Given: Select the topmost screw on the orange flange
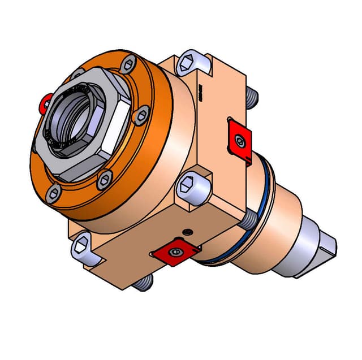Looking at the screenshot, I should tap(128, 63).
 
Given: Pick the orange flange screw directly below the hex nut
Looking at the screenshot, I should tap(105, 180).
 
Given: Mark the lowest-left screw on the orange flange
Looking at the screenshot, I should tap(54, 193).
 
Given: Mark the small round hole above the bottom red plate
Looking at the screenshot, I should tap(188, 231).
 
